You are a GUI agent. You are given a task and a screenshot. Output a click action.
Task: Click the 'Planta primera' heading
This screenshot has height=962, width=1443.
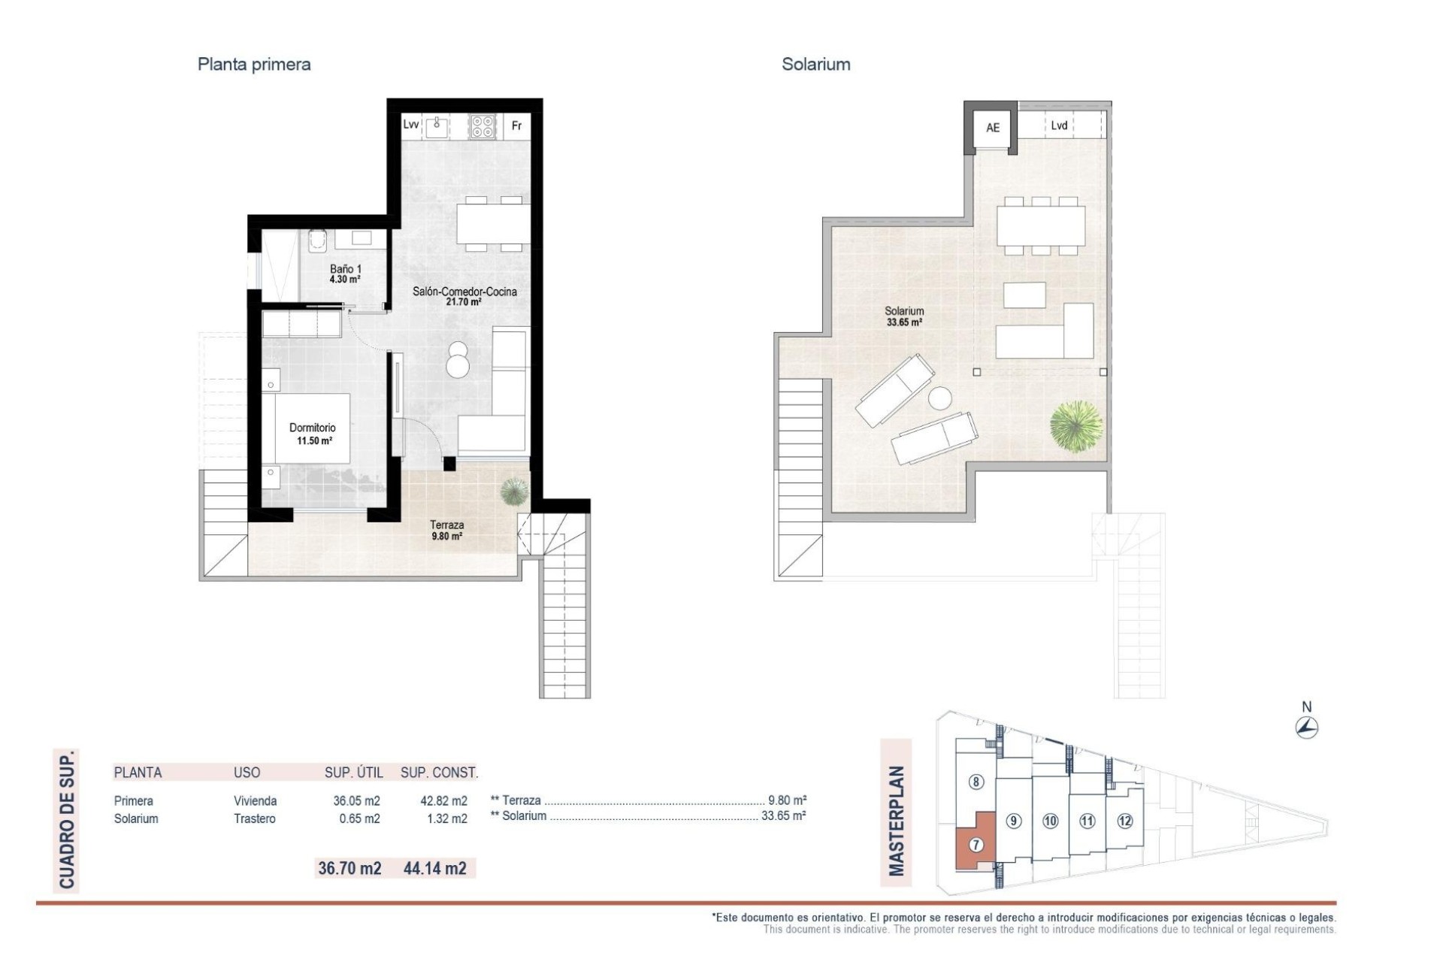[x=253, y=65]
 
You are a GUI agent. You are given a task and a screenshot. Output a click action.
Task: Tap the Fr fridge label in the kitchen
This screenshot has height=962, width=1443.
[x=516, y=126]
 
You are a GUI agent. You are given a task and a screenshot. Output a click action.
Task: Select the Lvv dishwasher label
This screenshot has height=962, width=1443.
[x=410, y=125]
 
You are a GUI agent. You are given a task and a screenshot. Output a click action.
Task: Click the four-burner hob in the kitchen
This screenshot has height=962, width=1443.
[x=483, y=126]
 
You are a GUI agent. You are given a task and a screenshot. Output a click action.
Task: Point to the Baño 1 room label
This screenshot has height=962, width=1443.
[x=345, y=273]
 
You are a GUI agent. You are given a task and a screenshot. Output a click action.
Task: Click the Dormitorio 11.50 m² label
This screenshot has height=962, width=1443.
[x=313, y=434]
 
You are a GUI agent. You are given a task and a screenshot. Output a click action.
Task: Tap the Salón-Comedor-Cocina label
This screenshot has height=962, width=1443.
[x=464, y=296]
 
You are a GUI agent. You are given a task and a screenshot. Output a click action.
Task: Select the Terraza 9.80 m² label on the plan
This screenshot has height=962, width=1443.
[x=446, y=530]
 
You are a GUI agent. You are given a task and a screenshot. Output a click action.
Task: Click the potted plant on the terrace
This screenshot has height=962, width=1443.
[x=514, y=492]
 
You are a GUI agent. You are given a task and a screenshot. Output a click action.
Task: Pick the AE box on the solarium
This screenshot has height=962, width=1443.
[x=992, y=128]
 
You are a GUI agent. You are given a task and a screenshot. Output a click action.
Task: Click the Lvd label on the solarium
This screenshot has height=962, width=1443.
[x=1059, y=126]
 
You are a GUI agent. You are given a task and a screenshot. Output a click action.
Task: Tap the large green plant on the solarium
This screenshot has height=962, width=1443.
[x=1076, y=426]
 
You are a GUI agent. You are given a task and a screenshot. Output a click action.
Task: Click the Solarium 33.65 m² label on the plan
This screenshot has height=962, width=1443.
[x=903, y=316]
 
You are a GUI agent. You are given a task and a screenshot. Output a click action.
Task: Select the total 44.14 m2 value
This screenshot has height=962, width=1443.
[x=434, y=868]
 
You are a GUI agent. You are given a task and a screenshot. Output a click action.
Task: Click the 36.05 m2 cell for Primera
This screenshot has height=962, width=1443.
[x=356, y=800]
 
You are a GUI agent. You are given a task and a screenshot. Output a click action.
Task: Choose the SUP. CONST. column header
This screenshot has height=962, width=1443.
[x=439, y=772]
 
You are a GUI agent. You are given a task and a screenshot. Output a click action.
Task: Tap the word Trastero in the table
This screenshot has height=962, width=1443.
[x=254, y=818]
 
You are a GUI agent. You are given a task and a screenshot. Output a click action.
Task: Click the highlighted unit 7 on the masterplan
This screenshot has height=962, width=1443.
[x=976, y=845]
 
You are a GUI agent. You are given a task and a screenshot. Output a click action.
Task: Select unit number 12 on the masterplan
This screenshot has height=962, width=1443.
[x=1124, y=821]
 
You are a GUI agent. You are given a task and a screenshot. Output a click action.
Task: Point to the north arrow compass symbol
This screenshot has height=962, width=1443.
[x=1307, y=727]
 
